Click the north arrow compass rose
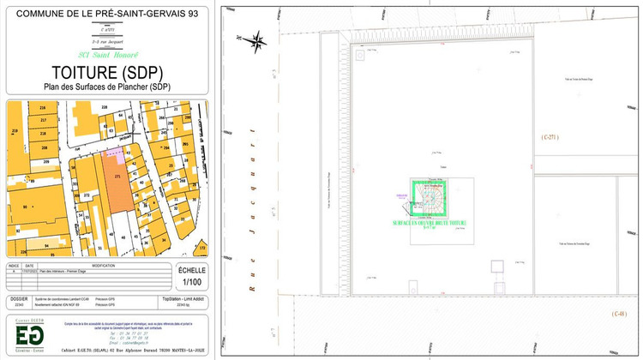point(255,39)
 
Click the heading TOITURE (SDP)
point(107,71)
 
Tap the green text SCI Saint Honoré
point(107,55)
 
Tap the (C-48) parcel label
point(619,315)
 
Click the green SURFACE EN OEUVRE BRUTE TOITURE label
point(441,223)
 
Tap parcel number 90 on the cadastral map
point(33,207)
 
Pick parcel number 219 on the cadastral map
point(15,131)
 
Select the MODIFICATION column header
point(103,267)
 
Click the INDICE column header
point(15,267)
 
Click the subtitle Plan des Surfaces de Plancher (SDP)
point(107,87)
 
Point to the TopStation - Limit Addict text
point(183,299)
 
